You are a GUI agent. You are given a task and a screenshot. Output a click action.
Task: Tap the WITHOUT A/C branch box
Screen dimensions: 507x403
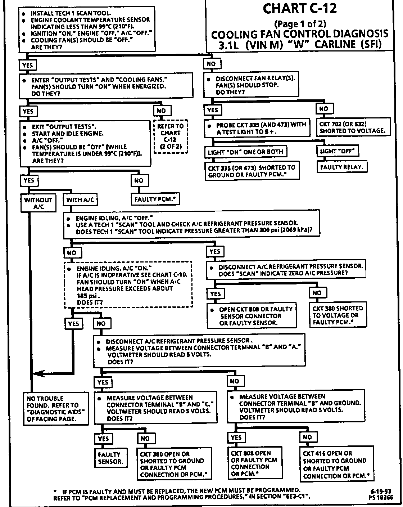tap(38, 203)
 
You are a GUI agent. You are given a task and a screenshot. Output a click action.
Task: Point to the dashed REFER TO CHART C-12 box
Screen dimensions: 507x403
tap(171, 136)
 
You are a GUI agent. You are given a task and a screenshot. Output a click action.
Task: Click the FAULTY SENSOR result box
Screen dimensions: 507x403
tap(110, 458)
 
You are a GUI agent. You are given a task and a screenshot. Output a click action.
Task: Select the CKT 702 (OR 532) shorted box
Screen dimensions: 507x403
tap(353, 127)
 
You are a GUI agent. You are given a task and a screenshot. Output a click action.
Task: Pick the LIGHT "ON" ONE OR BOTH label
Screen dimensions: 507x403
tap(245, 152)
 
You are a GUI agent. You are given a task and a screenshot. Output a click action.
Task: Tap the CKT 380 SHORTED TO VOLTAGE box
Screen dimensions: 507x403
tap(338, 315)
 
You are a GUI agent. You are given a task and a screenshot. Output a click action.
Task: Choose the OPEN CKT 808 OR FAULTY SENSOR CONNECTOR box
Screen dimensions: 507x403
tap(252, 316)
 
